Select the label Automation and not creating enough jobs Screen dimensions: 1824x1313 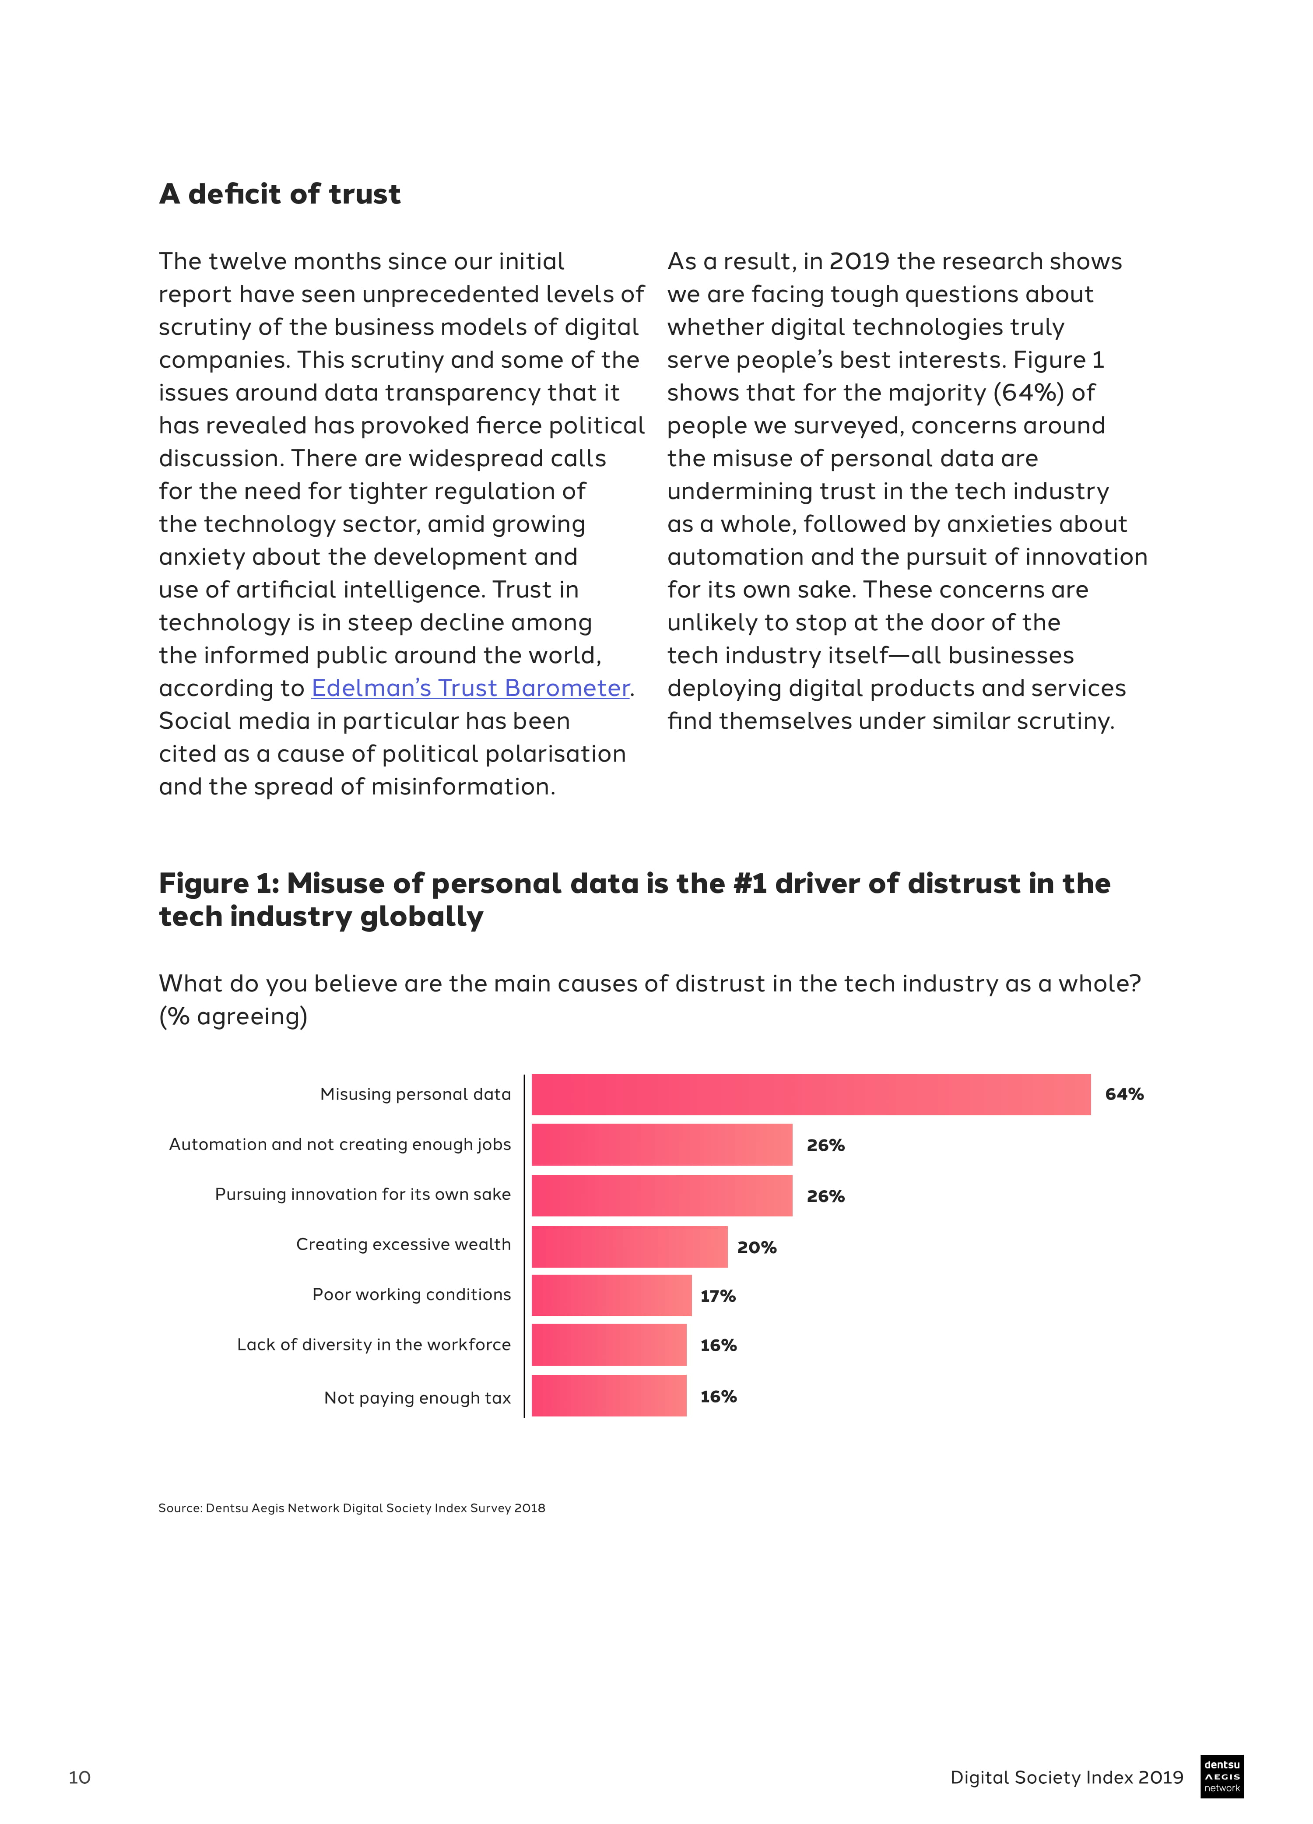339,1144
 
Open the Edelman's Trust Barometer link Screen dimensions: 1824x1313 470,689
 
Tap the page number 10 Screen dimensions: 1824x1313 80,1777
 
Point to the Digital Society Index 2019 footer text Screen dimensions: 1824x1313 1066,1777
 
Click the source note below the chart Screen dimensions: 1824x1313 351,1508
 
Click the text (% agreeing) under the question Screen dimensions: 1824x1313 233,1016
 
